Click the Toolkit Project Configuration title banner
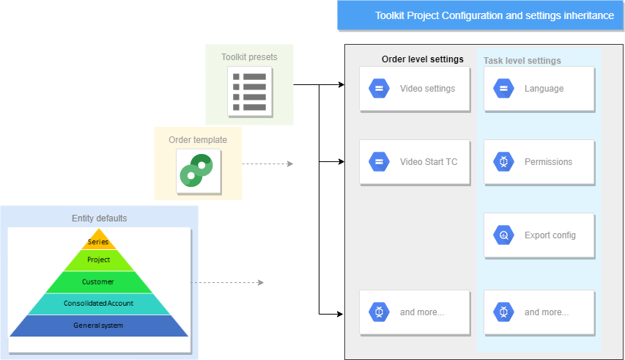(480, 15)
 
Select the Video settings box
(414, 89)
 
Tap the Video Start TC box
(414, 162)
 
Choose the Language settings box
(539, 89)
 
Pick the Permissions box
(539, 162)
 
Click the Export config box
(539, 235)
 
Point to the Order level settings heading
(423, 59)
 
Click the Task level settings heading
(522, 61)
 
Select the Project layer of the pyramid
(98, 260)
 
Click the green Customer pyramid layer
(98, 282)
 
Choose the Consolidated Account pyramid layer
(98, 304)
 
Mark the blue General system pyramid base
(98, 326)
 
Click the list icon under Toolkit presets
(249, 92)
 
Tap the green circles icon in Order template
(196, 169)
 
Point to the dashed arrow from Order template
(267, 164)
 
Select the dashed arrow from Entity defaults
(227, 282)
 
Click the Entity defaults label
(99, 218)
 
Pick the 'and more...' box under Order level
(414, 312)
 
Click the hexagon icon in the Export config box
(504, 235)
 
